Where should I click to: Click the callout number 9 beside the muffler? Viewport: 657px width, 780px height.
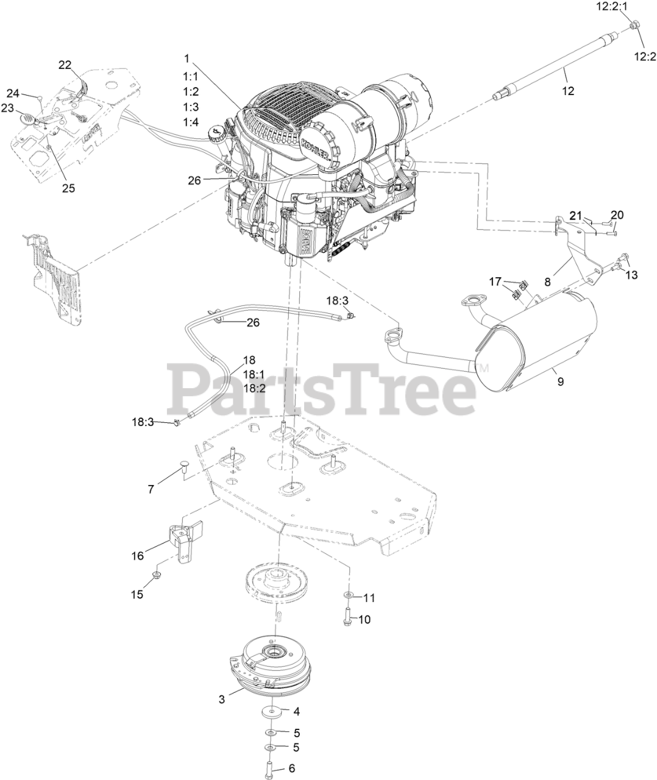560,381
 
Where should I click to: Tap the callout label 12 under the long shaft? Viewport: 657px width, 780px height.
568,91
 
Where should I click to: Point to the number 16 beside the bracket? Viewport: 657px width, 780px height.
138,555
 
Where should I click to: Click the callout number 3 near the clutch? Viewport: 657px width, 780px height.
222,700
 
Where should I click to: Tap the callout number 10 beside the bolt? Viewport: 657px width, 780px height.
364,619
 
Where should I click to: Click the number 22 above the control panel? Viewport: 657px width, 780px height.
65,64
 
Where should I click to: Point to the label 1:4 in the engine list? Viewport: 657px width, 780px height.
191,122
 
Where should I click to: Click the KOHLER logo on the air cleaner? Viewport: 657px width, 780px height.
317,147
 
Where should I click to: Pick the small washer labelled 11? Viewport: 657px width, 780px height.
348,595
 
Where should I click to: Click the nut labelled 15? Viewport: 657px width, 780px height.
157,575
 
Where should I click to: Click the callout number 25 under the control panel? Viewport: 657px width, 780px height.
68,188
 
